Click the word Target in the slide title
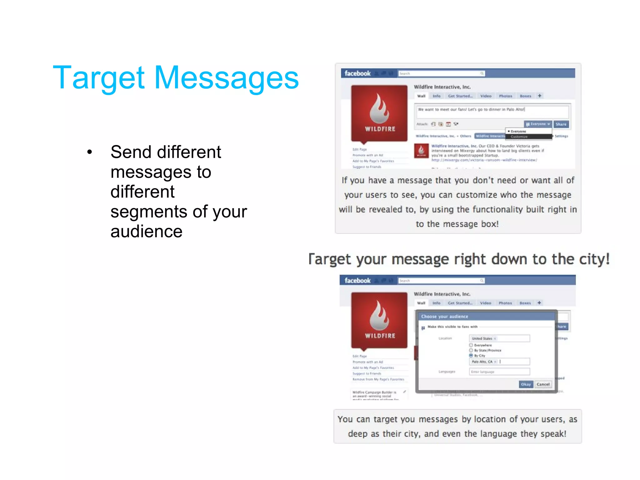coord(99,78)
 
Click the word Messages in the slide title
coord(227,78)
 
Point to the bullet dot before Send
coord(90,152)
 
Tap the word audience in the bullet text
coord(146,232)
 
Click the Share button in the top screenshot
coord(561,124)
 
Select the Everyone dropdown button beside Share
coord(538,124)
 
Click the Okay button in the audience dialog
coord(526,384)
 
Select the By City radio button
coord(471,356)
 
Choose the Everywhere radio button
coord(471,345)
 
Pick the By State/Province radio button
coord(471,350)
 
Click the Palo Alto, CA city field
coord(499,362)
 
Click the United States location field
coord(499,338)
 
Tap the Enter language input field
coord(499,372)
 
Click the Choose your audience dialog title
coord(445,317)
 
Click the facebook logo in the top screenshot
coord(357,73)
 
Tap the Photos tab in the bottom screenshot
coord(505,303)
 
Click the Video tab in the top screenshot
coord(486,96)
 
